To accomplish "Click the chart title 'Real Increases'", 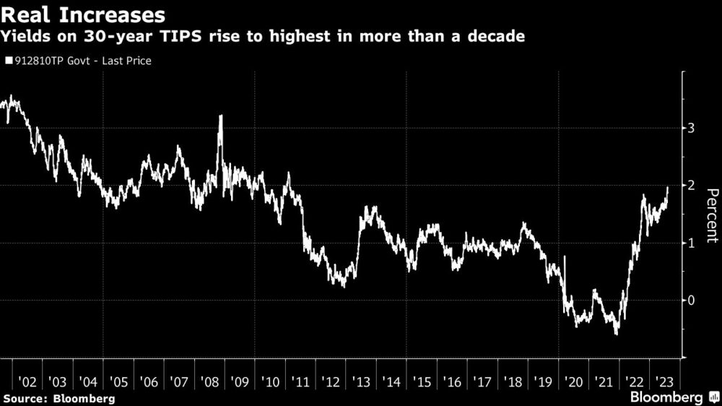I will tap(83, 14).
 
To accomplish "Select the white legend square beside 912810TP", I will tap(9, 61).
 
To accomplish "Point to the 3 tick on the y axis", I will tap(690, 128).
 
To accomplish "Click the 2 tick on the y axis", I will tap(690, 186).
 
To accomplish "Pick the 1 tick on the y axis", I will tap(690, 243).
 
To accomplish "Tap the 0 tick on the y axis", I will tap(690, 300).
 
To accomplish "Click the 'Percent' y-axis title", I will tap(710, 214).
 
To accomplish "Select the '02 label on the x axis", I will tap(27, 381).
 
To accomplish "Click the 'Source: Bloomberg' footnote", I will tap(58, 398).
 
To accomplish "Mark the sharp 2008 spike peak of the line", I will tap(220, 116).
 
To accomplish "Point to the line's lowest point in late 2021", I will tap(617, 334).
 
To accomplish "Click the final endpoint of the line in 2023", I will tap(668, 187).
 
